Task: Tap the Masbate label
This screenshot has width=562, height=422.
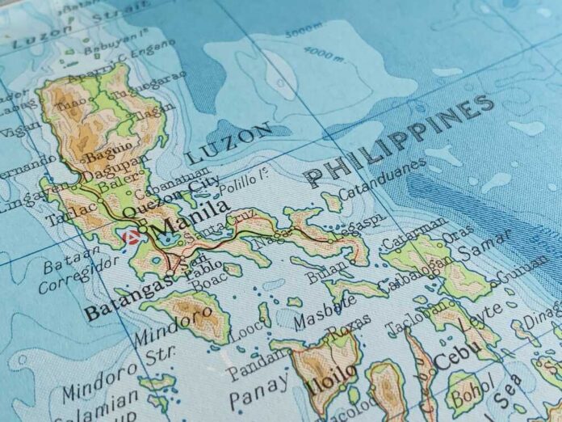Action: click(325, 311)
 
